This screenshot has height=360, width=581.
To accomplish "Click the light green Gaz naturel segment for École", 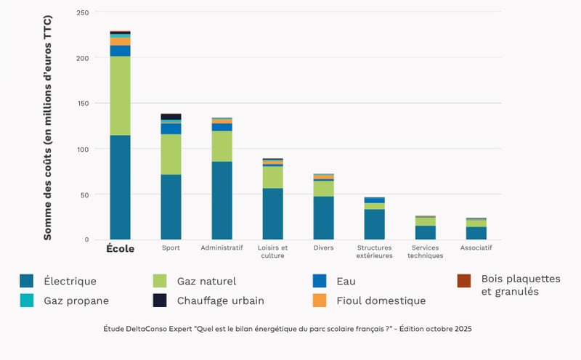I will point(120,96).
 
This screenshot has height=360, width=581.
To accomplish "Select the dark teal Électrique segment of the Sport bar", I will point(171,207).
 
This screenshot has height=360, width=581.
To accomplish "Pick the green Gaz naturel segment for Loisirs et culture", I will point(273,177).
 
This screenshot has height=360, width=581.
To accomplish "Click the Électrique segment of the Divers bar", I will point(323,218).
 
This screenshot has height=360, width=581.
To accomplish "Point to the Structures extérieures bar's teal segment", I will point(375,224).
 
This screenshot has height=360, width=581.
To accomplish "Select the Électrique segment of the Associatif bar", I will point(476,233).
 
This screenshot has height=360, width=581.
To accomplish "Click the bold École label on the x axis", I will point(121,248).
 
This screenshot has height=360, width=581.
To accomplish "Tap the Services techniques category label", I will point(425,252).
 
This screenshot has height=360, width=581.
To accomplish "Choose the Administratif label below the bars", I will point(222,247).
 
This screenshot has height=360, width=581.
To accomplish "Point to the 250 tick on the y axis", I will point(82,13).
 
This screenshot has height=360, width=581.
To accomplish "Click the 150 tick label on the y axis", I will point(82,104).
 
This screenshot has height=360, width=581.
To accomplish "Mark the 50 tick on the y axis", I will point(84,195).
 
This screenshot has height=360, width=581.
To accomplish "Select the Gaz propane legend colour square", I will point(27,300).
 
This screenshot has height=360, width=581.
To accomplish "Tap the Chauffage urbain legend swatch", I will point(161,300).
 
